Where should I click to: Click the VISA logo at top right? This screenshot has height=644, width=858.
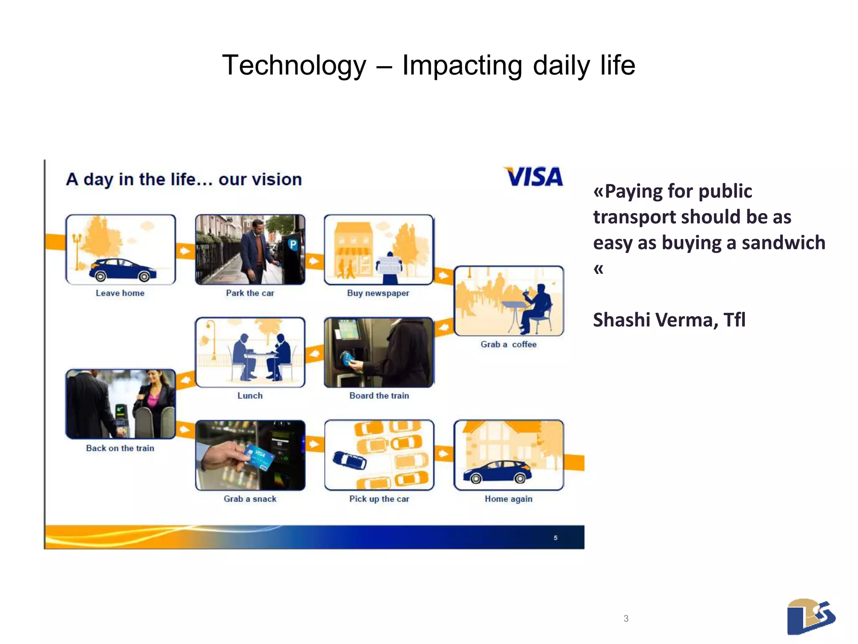[534, 177]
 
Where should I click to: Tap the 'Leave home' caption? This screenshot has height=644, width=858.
[120, 293]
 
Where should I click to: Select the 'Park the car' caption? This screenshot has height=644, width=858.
[250, 293]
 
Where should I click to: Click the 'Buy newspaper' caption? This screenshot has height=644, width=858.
[378, 293]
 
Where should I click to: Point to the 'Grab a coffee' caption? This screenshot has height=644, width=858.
[508, 344]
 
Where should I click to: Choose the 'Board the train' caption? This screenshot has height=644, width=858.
[379, 395]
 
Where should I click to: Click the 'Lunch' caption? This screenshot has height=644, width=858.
[250, 395]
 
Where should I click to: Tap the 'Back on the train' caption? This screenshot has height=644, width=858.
[120, 448]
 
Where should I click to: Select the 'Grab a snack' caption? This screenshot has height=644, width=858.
[250, 499]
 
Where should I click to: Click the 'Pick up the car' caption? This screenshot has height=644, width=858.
[379, 499]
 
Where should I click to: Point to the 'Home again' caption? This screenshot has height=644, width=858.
[508, 499]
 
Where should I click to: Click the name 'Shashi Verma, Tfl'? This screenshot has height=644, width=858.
[669, 319]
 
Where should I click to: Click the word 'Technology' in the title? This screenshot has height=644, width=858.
[294, 65]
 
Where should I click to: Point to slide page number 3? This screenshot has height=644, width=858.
[626, 618]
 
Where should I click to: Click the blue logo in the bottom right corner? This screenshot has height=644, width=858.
[811, 616]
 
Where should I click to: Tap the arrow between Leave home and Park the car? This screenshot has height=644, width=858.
[185, 251]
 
